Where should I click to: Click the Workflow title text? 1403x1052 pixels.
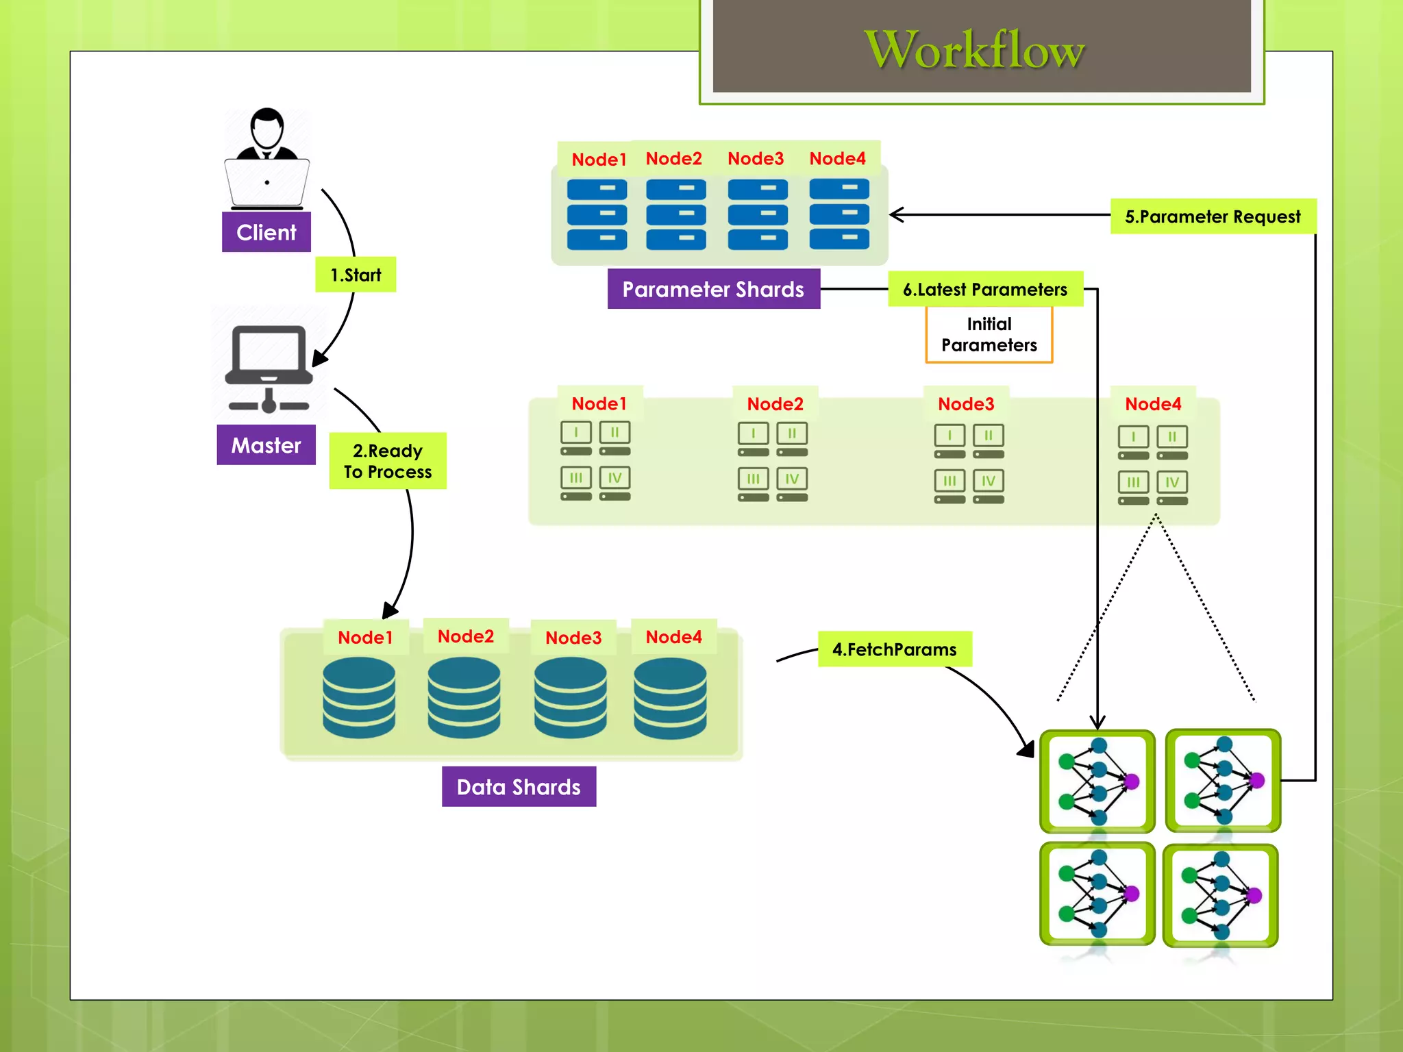pyautogui.click(x=974, y=49)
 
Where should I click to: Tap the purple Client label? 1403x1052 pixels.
pyautogui.click(x=266, y=233)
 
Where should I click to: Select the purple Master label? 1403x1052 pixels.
pyautogui.click(x=266, y=445)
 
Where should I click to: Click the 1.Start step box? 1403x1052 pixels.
pyautogui.click(x=356, y=275)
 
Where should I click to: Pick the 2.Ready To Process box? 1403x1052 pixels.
pyautogui.click(x=388, y=461)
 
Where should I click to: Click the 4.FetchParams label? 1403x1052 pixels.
pyautogui.click(x=894, y=649)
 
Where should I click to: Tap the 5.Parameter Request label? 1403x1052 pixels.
pyautogui.click(x=1212, y=216)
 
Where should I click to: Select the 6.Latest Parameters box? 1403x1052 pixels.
pyautogui.click(x=984, y=289)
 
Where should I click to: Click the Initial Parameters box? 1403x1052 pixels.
pyautogui.click(x=989, y=335)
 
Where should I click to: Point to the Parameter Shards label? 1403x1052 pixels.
pyautogui.click(x=713, y=289)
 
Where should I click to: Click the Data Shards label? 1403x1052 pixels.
pyautogui.click(x=519, y=787)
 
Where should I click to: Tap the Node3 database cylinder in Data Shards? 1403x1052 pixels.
pyautogui.click(x=570, y=697)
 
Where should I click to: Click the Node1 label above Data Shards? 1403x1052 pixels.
pyautogui.click(x=365, y=638)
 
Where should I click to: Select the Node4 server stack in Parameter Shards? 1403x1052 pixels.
pyautogui.click(x=839, y=214)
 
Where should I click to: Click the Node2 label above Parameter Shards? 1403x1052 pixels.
pyautogui.click(x=673, y=159)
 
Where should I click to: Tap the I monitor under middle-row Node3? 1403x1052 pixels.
pyautogui.click(x=949, y=436)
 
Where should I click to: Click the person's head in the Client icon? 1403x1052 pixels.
pyautogui.click(x=266, y=127)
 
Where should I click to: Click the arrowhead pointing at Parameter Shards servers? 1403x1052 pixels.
pyautogui.click(x=895, y=214)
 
